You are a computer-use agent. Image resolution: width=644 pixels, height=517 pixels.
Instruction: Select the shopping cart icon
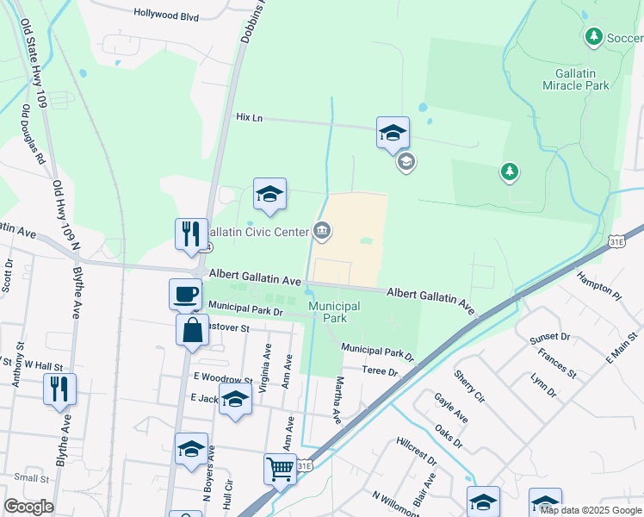tap(280, 470)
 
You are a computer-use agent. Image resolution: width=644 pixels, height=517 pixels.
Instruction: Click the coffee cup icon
tap(185, 294)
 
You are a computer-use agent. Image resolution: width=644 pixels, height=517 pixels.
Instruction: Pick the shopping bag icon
tap(192, 329)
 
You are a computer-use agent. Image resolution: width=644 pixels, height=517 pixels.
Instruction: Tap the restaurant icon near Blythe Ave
tap(59, 389)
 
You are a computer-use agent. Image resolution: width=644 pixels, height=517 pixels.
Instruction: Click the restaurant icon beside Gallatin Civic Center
tap(191, 234)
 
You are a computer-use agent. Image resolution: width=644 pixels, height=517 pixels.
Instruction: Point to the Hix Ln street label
tap(249, 117)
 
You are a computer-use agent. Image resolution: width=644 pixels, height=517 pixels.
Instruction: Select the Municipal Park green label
tap(334, 312)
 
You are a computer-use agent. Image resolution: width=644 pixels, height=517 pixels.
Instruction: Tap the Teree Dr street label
tap(380, 371)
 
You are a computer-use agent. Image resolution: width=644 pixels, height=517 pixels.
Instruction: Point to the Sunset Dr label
tap(550, 336)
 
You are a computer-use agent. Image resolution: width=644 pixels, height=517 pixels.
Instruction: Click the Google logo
tap(28, 507)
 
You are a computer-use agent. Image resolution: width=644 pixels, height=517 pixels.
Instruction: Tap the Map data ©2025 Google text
tap(591, 510)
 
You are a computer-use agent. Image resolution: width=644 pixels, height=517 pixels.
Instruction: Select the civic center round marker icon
tap(322, 229)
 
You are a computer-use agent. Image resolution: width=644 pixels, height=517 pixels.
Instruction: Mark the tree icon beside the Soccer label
tap(592, 37)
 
